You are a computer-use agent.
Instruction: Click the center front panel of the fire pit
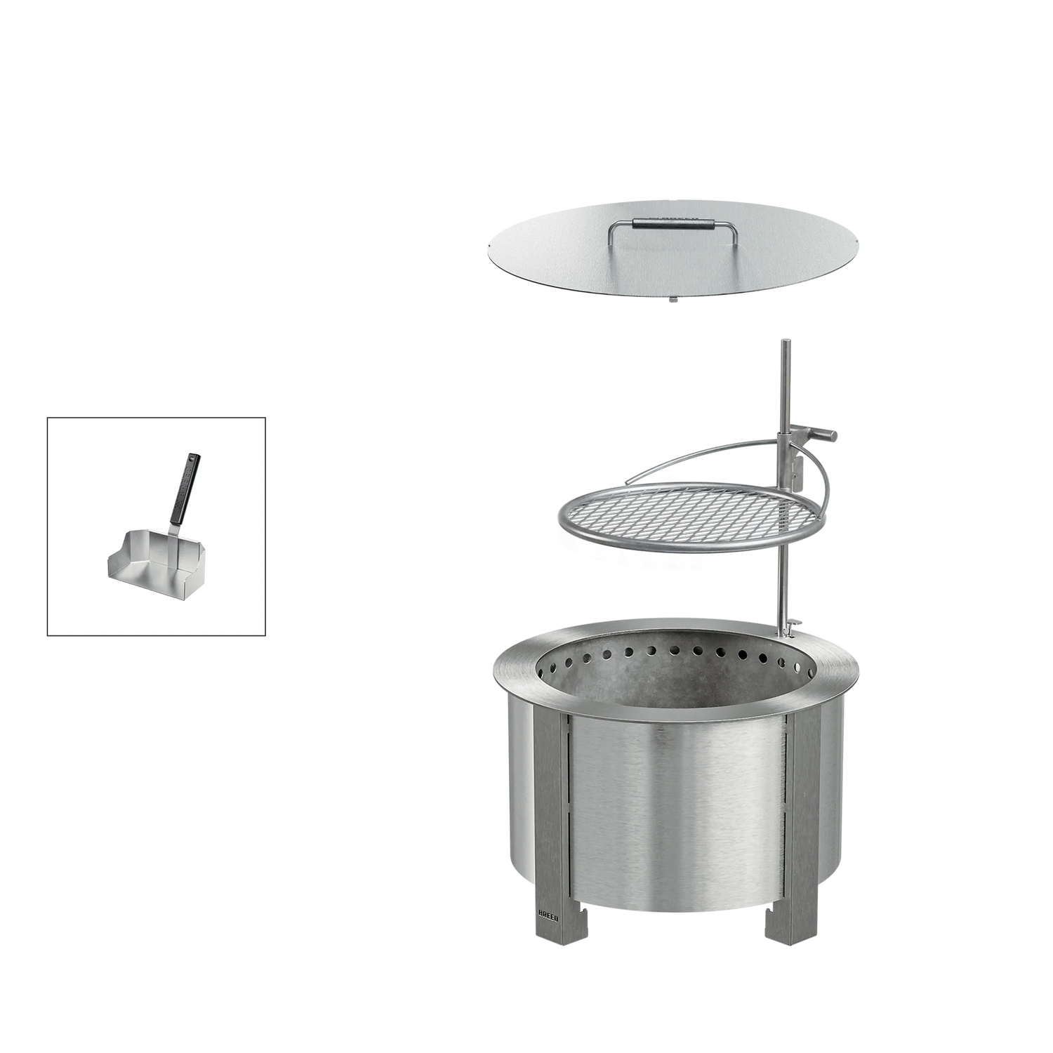tap(674, 814)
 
